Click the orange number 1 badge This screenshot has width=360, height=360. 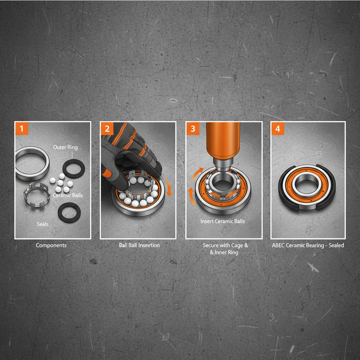[21, 129]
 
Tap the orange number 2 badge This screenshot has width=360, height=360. [107, 129]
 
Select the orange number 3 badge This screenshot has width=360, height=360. [193, 129]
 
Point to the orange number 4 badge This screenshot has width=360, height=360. [278, 129]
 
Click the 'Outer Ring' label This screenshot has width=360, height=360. [65, 147]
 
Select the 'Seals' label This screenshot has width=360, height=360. [43, 224]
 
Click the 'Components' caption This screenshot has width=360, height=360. [51, 245]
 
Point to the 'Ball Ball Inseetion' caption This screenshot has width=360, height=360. [139, 245]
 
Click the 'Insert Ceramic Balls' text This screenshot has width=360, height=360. [223, 221]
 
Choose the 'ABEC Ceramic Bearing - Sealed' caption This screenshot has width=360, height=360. [308, 245]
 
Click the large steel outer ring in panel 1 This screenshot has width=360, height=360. [32, 163]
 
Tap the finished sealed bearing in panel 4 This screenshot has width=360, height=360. [308, 186]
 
